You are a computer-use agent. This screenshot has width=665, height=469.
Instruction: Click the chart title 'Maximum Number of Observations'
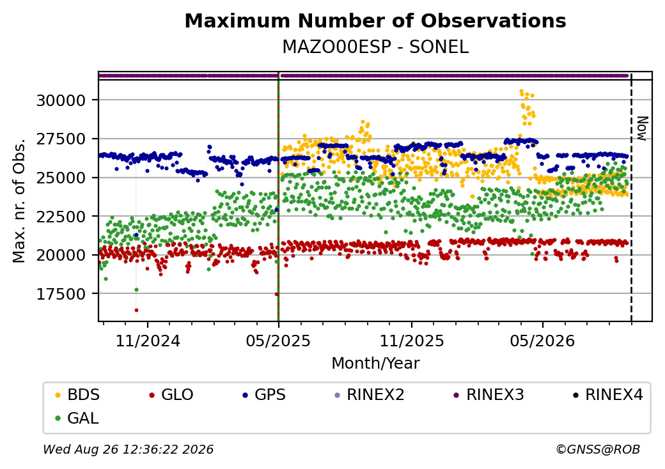(x=375, y=20)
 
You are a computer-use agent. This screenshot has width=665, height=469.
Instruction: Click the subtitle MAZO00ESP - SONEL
(x=375, y=47)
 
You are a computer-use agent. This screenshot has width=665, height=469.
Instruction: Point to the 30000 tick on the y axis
(x=61, y=100)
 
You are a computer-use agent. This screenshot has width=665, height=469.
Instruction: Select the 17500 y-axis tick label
(x=61, y=294)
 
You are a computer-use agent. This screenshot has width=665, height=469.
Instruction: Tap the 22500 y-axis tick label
(x=61, y=217)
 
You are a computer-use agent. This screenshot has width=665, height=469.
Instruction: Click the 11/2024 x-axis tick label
(x=148, y=341)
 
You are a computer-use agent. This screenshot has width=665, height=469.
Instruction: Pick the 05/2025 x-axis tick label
(x=278, y=341)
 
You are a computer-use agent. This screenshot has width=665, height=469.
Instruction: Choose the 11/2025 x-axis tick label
(x=411, y=341)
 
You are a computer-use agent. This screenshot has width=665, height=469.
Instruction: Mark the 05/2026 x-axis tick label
(x=542, y=341)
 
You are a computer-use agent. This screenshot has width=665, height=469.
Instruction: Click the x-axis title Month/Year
(x=375, y=364)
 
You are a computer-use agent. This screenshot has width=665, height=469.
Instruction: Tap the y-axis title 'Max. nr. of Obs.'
(x=19, y=201)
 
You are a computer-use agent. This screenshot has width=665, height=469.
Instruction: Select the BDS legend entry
(x=77, y=395)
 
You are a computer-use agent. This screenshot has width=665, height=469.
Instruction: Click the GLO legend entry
(x=171, y=395)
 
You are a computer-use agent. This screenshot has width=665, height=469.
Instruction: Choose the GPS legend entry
(x=264, y=395)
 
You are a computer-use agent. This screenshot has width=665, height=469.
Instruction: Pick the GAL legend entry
(x=77, y=418)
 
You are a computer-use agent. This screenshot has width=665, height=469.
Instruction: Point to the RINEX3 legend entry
(x=489, y=395)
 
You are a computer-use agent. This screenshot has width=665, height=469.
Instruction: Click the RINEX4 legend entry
(x=607, y=395)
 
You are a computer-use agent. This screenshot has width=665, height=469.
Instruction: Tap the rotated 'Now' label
(x=642, y=128)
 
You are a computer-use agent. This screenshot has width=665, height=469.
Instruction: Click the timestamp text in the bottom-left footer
(x=129, y=449)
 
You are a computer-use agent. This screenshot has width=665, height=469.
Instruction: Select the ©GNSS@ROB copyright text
(x=598, y=449)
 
